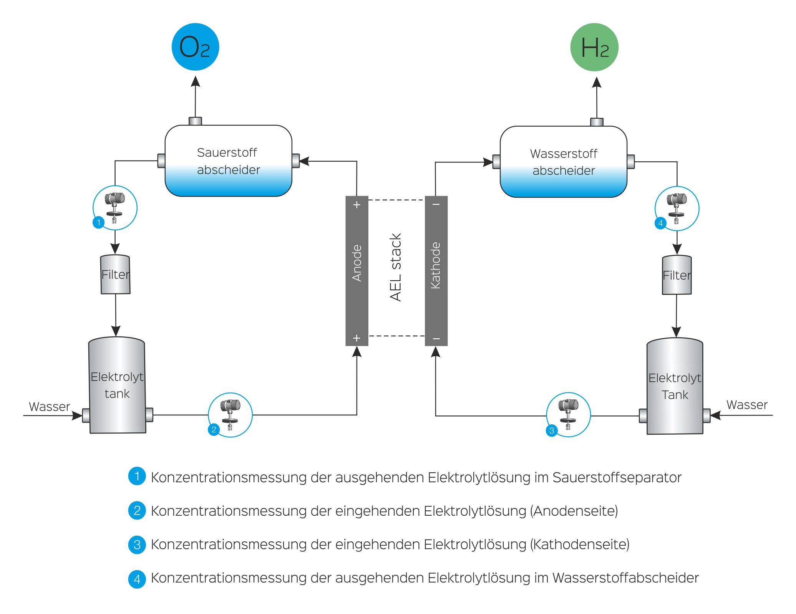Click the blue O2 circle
tap(195, 47)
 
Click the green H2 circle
tap(594, 47)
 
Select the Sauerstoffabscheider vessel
tap(228, 161)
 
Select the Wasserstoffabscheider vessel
tap(563, 162)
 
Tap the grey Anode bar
tap(357, 271)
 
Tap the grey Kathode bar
tap(436, 271)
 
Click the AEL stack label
tap(396, 267)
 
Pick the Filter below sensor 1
tap(115, 275)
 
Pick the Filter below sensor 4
tap(677, 275)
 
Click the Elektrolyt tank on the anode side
tap(117, 385)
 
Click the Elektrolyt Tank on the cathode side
tap(675, 386)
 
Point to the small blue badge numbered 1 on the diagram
tap(99, 222)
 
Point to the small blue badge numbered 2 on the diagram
tap(214, 429)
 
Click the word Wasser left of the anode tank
tap(49, 407)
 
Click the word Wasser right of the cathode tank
tap(747, 405)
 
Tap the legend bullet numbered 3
tap(137, 544)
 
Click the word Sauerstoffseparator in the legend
tap(617, 477)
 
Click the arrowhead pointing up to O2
tap(196, 81)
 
